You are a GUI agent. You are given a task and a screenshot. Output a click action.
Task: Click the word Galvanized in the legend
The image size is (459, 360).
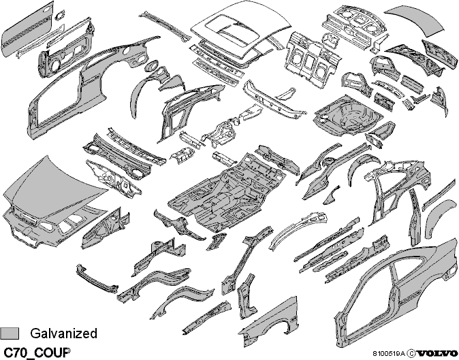[63, 333]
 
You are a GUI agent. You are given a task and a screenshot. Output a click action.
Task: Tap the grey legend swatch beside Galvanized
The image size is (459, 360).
[10, 333]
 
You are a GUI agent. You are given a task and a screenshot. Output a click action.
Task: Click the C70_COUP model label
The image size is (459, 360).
[37, 353]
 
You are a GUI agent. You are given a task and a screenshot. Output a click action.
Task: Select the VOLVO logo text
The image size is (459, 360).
[438, 353]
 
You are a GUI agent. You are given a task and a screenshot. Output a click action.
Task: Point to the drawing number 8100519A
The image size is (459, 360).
[389, 354]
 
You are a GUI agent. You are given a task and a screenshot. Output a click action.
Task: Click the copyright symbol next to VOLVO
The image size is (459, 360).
[411, 353]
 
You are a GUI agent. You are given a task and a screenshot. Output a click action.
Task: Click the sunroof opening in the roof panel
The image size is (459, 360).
[233, 31]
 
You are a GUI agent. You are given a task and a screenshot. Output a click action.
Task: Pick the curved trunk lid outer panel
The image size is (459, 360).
[414, 20]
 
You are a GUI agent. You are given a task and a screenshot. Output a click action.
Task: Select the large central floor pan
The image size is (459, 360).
[227, 191]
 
